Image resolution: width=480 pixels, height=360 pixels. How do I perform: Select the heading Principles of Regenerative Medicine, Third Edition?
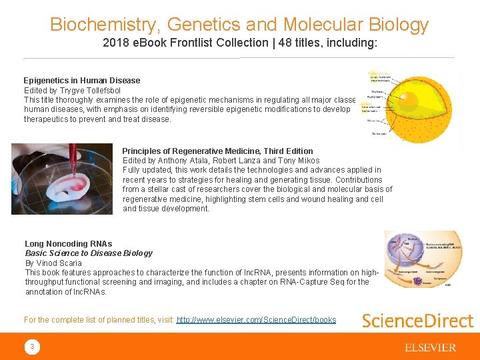[217, 151]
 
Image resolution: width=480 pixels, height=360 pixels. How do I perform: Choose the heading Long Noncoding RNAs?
[69, 244]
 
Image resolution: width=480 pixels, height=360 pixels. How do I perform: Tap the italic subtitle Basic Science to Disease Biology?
[89, 253]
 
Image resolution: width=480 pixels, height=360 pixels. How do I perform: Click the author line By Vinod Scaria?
[53, 263]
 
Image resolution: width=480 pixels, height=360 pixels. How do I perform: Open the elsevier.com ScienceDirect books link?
[256, 320]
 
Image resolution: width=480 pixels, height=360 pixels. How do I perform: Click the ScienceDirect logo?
[417, 321]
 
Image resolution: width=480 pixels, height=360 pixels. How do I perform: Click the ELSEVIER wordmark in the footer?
[430, 347]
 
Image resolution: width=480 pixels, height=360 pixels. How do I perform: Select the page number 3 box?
[31, 347]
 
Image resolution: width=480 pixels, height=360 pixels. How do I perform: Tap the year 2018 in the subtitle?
[115, 43]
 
